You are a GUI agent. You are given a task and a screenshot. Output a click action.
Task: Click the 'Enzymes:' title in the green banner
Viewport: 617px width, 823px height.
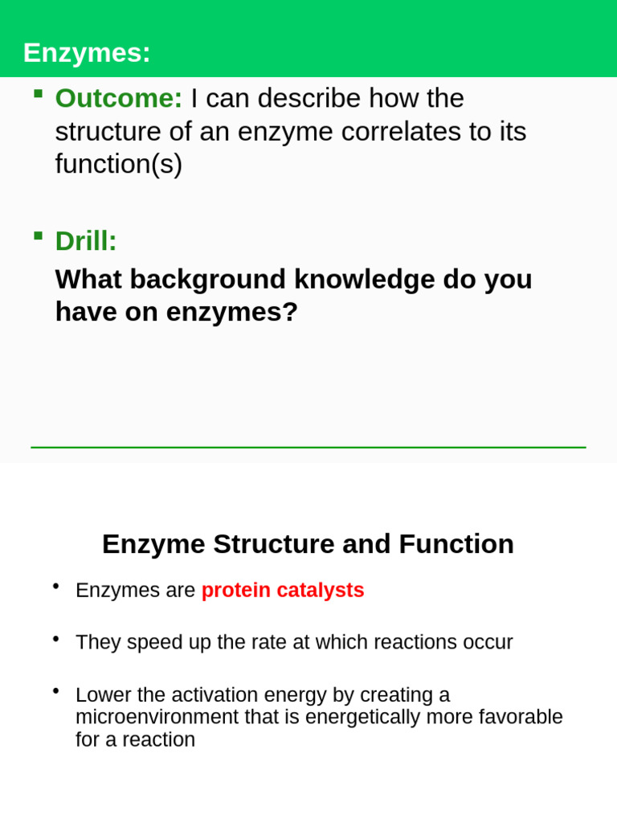[x=87, y=53]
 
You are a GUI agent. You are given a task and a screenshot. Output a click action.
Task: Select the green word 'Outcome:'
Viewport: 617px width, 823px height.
[x=119, y=98]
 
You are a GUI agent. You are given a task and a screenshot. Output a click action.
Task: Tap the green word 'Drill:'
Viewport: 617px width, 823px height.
[x=86, y=241]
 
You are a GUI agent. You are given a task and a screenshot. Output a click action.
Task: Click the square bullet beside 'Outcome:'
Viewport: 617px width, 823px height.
[x=38, y=93]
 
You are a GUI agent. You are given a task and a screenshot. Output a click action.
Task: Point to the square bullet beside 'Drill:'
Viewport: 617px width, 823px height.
[x=38, y=235]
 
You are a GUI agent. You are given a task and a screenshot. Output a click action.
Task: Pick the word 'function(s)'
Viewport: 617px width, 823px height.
[x=119, y=164]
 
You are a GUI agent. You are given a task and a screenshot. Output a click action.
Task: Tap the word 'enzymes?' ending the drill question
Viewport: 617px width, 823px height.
[x=232, y=312]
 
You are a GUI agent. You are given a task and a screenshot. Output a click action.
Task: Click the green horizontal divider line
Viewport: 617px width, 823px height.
[x=308, y=447]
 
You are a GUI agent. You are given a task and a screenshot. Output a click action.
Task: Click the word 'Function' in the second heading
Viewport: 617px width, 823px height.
[x=456, y=544]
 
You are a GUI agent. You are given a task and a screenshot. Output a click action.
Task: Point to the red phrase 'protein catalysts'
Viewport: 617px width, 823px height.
[x=283, y=590]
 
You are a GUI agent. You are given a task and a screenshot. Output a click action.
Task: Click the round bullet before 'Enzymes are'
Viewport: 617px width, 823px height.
[x=55, y=586]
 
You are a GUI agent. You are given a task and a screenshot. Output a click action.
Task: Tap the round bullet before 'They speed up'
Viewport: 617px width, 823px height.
[x=55, y=638]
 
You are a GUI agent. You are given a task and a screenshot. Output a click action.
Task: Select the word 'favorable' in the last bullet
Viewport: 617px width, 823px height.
[x=523, y=717]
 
